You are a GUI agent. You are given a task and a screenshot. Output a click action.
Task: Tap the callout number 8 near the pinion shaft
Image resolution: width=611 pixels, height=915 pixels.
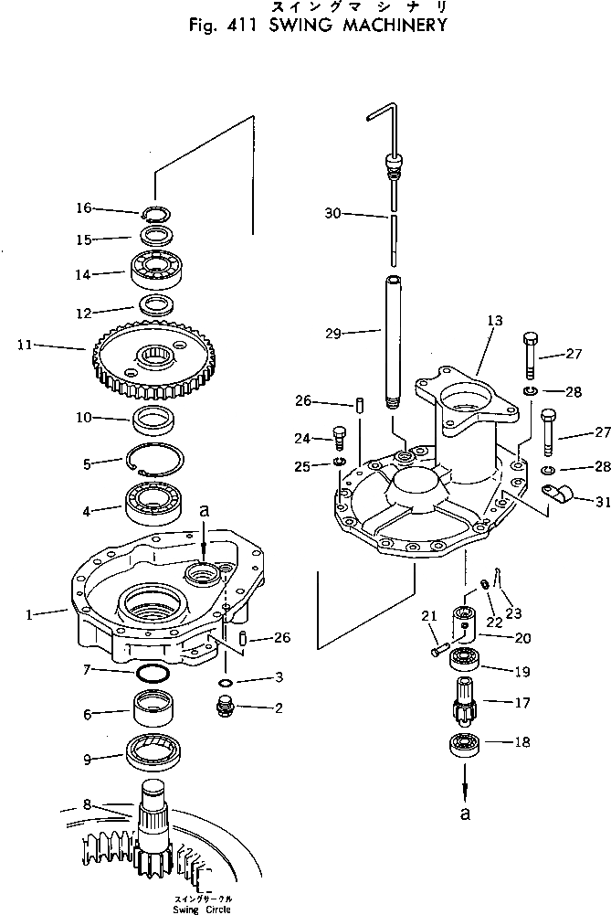point(87,805)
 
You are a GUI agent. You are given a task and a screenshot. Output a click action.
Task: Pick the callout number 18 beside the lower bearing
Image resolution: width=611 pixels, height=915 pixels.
point(521,742)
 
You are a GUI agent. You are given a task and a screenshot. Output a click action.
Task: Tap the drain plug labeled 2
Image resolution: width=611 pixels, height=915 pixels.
point(225,706)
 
